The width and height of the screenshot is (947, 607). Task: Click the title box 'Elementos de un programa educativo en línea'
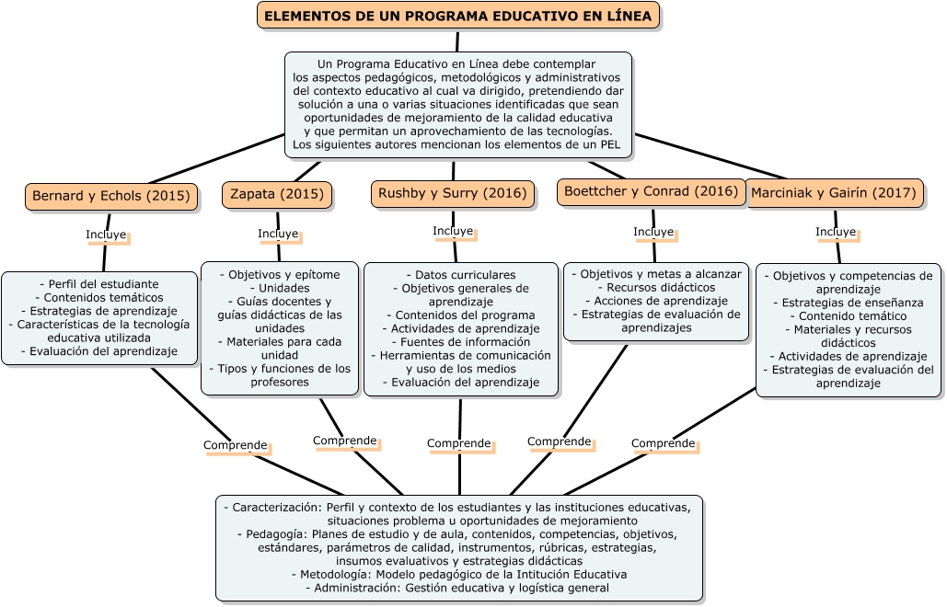pyautogui.click(x=457, y=16)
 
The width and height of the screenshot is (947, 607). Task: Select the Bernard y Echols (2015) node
pyautogui.click(x=110, y=196)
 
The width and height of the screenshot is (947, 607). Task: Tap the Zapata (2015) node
pyautogui.click(x=276, y=194)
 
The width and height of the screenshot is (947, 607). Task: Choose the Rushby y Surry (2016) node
pyautogui.click(x=453, y=193)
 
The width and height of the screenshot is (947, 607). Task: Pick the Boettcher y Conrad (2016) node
pyautogui.click(x=651, y=191)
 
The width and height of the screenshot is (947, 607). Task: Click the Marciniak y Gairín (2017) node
pyautogui.click(x=834, y=193)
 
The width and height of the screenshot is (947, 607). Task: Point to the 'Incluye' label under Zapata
pyautogui.click(x=278, y=234)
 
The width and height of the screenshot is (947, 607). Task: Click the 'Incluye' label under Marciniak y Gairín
pyautogui.click(x=836, y=232)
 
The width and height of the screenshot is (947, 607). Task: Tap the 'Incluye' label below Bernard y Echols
pyautogui.click(x=106, y=235)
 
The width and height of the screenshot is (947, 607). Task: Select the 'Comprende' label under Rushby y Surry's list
pyautogui.click(x=459, y=443)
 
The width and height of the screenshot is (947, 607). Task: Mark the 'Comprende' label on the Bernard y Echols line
pyautogui.click(x=236, y=445)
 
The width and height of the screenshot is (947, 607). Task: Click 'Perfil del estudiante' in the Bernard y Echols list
pyautogui.click(x=99, y=284)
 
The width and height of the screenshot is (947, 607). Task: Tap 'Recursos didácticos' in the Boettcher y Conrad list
pyautogui.click(x=655, y=287)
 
